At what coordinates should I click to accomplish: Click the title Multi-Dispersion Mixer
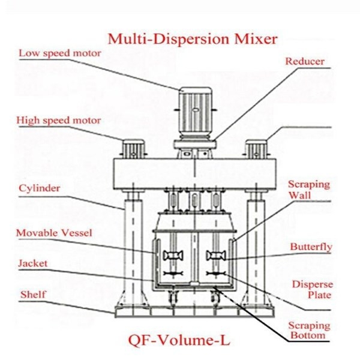click(x=193, y=40)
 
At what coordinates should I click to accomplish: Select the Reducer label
click(x=304, y=61)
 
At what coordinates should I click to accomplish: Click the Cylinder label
click(x=40, y=188)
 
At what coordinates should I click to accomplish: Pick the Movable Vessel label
click(x=54, y=232)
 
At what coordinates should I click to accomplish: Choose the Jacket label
click(x=32, y=263)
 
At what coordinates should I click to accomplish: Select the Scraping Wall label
click(x=308, y=190)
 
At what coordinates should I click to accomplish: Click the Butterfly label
click(x=311, y=247)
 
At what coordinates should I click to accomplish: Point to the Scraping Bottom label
click(x=310, y=330)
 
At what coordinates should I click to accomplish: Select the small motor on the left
click(x=133, y=148)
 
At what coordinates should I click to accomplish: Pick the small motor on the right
click(x=256, y=148)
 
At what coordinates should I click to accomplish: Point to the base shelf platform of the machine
click(x=193, y=310)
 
